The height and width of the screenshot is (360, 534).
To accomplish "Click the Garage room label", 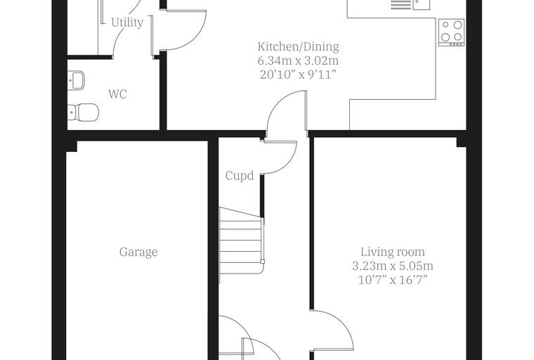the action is point(138,252).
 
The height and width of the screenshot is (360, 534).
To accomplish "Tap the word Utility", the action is point(127,22).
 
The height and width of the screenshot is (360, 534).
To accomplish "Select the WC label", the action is point(117,94).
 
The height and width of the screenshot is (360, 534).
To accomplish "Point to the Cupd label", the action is point(240,176).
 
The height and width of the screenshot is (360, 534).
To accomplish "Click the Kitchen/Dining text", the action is point(298,46).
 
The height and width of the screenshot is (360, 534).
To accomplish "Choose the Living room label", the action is point(393,252).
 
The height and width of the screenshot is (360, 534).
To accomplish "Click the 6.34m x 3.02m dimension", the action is point(298,60).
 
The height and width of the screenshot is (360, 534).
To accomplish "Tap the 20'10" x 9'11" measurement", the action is point(298,75).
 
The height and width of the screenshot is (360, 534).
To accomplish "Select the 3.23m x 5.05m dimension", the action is point(393,266).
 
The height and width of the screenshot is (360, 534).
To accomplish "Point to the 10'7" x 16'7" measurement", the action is point(393,280).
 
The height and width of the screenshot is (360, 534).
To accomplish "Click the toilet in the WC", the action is point(84,112).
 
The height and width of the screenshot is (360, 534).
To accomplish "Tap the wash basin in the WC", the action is point(76,80).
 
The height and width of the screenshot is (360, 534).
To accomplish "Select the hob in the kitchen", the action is point(451,33).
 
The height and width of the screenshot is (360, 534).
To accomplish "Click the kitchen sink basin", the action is point(422,4).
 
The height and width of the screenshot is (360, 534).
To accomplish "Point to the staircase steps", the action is point(241,245).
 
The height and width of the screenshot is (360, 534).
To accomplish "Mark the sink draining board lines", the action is point(400,4).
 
